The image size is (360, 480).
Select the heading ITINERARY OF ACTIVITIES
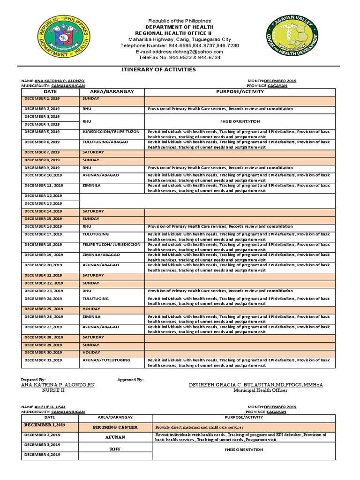(158, 69)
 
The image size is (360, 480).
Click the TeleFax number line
(180, 58)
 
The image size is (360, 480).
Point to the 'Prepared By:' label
(33, 379)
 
